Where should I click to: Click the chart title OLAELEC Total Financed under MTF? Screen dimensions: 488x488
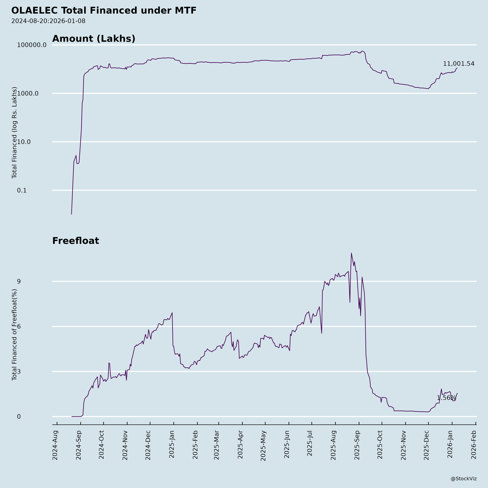(x=104, y=11)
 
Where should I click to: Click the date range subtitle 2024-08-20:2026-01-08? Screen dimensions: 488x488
(x=48, y=21)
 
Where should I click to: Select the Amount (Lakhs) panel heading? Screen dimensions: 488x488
(x=94, y=39)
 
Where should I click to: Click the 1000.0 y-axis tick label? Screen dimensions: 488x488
(x=28, y=93)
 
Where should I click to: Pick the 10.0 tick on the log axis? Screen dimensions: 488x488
(x=24, y=142)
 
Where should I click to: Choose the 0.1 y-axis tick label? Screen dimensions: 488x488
(x=22, y=190)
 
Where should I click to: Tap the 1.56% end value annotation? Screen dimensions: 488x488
(x=447, y=398)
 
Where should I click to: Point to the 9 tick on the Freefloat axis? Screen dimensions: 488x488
(x=19, y=281)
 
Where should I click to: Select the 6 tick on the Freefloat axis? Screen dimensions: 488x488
(x=19, y=326)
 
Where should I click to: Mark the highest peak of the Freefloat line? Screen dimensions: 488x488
(x=351, y=253)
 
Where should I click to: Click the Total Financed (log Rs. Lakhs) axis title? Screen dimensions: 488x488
(x=14, y=133)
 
